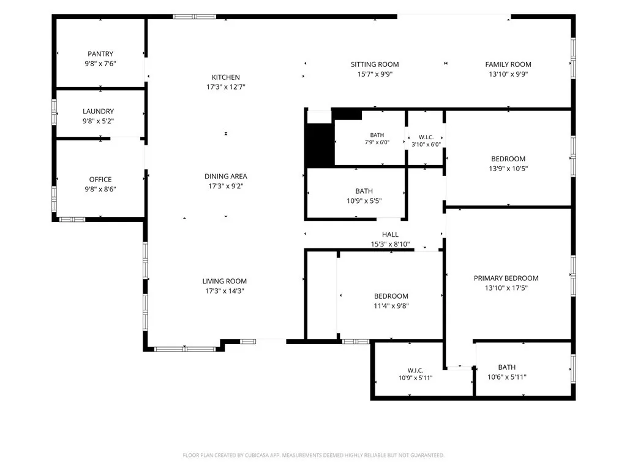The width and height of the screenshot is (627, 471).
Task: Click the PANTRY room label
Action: point(100,54)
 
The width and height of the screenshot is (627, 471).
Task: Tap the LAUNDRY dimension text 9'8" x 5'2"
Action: point(99,121)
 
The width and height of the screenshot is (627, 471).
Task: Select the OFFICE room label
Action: point(100,180)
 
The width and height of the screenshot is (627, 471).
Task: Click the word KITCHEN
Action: point(226,77)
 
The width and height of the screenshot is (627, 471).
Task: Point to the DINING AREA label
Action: point(226,176)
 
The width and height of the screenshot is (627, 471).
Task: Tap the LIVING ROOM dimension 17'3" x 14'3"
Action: point(225,291)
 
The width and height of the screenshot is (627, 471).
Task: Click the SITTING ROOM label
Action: point(375,64)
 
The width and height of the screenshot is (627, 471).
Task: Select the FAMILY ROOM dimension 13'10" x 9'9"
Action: point(508,74)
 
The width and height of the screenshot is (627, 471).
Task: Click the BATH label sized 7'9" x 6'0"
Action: point(377,135)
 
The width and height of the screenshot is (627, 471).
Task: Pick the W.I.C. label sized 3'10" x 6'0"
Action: point(426,137)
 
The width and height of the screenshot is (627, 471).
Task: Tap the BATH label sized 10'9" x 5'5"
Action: point(364,191)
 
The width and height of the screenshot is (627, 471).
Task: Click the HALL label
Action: point(390,234)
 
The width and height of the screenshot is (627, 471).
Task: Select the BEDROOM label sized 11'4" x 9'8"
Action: point(391,296)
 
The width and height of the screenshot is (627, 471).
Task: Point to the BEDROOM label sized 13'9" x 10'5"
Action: point(508,159)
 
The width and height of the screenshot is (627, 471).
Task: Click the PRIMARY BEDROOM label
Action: point(506,278)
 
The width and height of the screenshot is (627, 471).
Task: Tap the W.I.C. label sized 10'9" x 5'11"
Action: point(416,370)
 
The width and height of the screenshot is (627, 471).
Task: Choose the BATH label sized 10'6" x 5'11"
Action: point(506,367)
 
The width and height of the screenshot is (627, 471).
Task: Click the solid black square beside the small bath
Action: point(320,145)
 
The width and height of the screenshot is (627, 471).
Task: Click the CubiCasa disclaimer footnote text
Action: point(313,455)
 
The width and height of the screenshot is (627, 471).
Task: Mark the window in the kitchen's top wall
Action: point(194,17)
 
